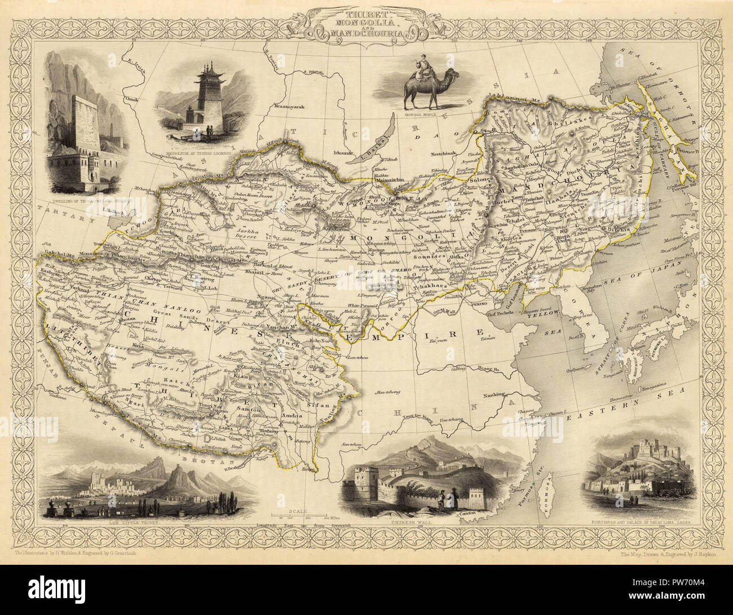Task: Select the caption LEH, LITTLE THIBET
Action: [135, 522]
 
